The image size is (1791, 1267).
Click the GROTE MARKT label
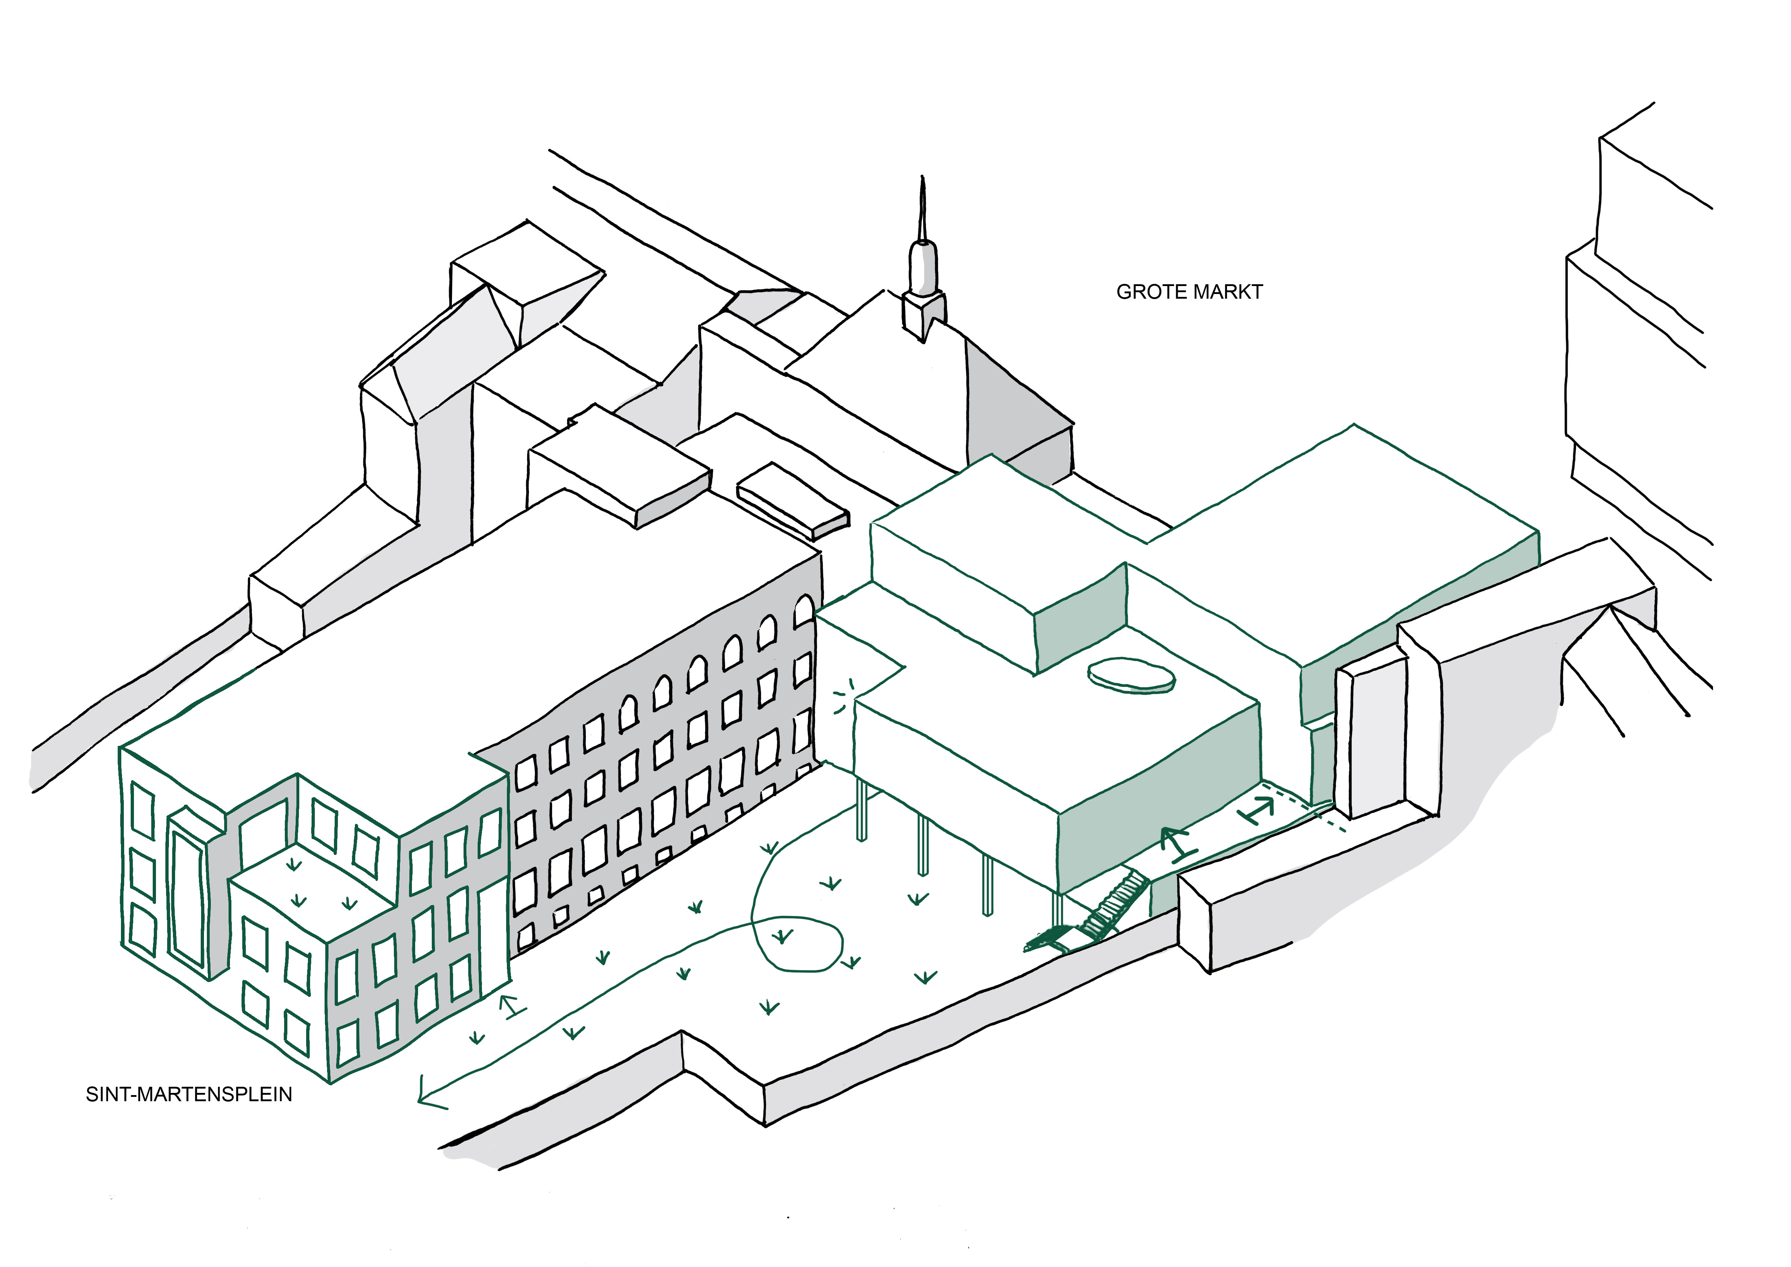tap(1189, 292)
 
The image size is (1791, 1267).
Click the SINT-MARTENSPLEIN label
tap(189, 1095)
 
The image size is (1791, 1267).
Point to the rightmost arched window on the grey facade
tap(804, 613)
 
